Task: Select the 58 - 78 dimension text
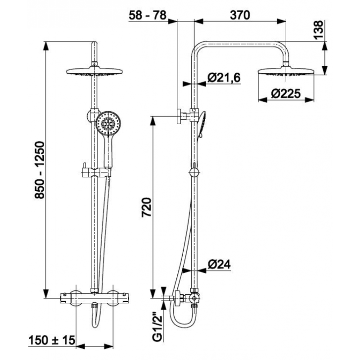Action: click(x=148, y=15)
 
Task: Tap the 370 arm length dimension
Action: click(x=240, y=15)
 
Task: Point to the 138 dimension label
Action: click(x=319, y=30)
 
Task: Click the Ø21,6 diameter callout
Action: click(x=224, y=77)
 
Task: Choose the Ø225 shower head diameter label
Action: click(x=286, y=94)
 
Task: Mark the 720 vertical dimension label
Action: click(x=147, y=207)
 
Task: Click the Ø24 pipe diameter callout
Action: click(x=219, y=265)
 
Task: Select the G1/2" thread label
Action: click(x=157, y=328)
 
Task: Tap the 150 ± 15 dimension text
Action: click(x=52, y=340)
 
